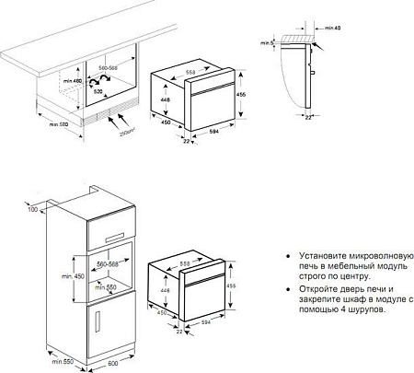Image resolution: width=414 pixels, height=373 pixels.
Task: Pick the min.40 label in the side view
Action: (330, 31)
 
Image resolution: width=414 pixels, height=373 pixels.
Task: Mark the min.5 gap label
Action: (267, 42)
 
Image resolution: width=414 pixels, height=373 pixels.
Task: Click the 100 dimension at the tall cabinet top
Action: (33, 211)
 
